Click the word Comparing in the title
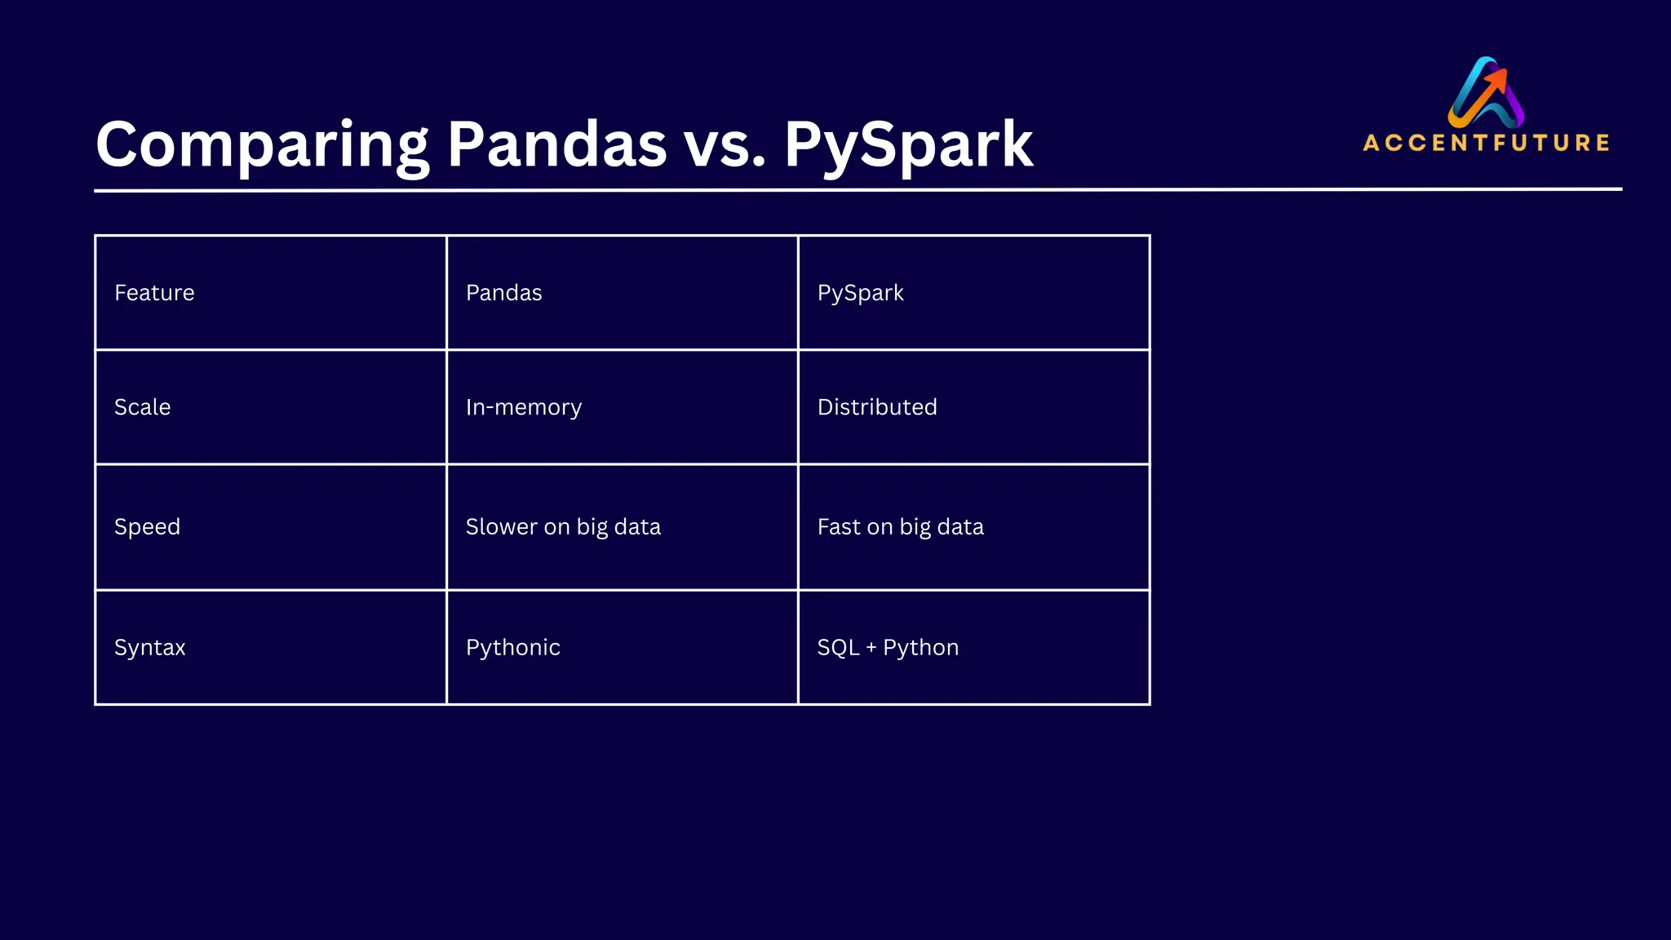click(x=262, y=145)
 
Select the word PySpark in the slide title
click(x=908, y=145)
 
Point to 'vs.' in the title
click(x=725, y=145)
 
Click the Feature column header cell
click(x=154, y=293)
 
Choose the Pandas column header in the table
click(x=503, y=293)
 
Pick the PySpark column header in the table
click(x=860, y=293)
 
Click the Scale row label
click(x=142, y=407)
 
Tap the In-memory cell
click(x=523, y=407)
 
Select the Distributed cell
click(x=877, y=407)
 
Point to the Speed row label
click(x=147, y=527)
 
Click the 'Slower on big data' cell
click(x=563, y=527)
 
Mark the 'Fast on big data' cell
click(x=900, y=527)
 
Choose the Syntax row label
click(x=149, y=648)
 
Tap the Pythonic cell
click(x=512, y=648)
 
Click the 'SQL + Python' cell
click(x=888, y=648)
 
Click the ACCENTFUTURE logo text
click(x=1486, y=143)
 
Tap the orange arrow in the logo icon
click(x=1494, y=82)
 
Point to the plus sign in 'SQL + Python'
click(x=871, y=648)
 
